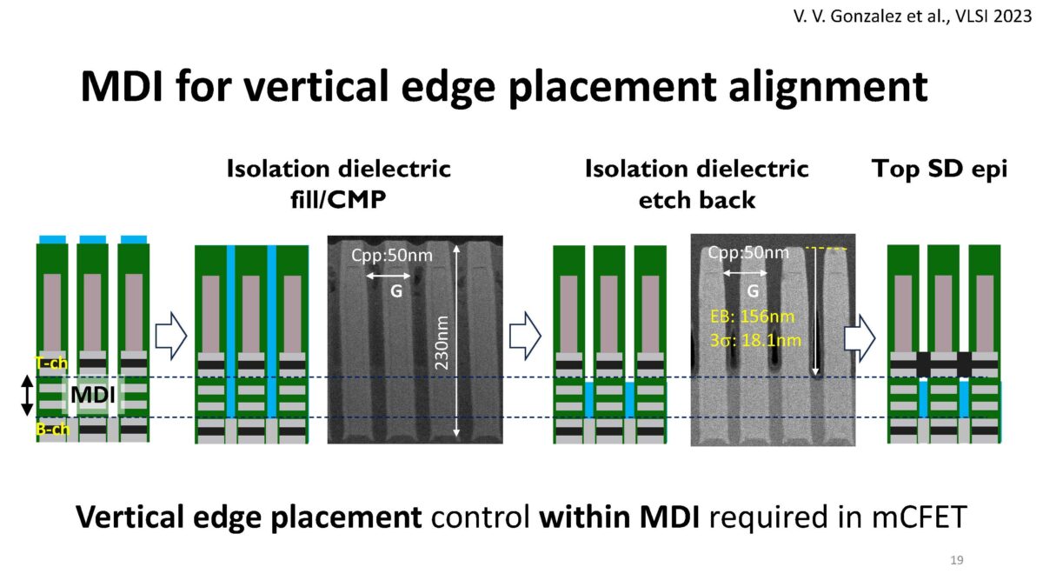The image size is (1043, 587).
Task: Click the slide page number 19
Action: (957, 559)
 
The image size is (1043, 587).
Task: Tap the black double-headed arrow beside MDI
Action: (27, 397)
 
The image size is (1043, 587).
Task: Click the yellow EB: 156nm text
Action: (751, 317)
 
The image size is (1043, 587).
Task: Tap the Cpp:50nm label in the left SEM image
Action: (391, 255)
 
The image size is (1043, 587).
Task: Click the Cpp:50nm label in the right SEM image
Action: (748, 253)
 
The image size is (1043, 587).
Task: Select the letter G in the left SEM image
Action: (395, 291)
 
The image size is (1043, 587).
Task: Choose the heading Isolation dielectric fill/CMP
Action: (339, 183)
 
